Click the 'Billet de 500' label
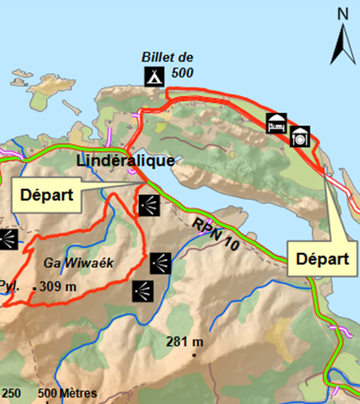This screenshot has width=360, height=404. pos(167,62)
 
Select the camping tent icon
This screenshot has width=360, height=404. pos(151,77)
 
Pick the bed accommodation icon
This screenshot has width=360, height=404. pos(277,123)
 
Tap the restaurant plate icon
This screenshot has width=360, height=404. pos(301,137)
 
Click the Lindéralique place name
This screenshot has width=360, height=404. pos(125,161)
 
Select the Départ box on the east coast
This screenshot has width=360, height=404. pos(321,259)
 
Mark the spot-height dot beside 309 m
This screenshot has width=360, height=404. pos(34,288)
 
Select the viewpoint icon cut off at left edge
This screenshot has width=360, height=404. pos(7,238)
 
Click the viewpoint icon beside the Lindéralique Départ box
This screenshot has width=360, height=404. pos(148,204)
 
